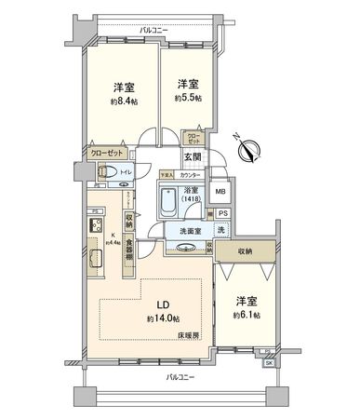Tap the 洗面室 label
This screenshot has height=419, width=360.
tap(182, 228)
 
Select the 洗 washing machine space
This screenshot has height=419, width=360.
tap(221, 230)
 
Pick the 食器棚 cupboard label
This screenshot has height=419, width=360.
tap(131, 253)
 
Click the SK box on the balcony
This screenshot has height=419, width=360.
tap(269, 361)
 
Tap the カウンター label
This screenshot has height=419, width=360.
tap(190, 174)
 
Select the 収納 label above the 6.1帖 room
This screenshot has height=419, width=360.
tap(245, 250)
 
